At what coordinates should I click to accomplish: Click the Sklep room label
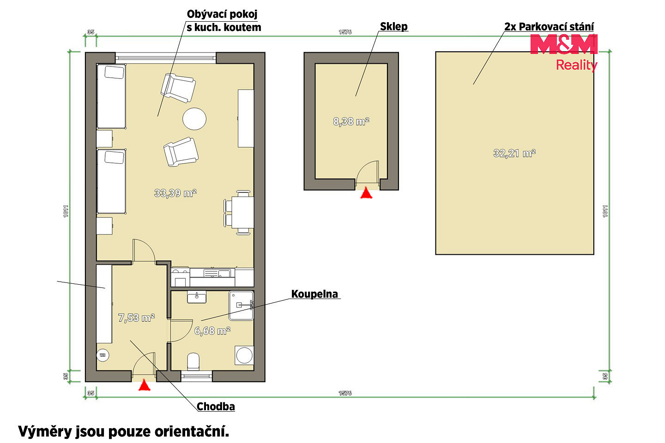393,26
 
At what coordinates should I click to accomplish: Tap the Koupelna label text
314,294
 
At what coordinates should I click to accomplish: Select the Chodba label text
216,406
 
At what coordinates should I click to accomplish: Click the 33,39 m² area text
175,193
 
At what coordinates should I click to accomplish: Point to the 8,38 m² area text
351,121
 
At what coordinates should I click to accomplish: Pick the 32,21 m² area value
514,153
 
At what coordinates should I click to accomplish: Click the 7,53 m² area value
136,318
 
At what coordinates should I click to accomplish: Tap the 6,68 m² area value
212,330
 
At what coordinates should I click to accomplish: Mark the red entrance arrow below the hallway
144,385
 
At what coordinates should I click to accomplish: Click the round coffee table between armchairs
194,119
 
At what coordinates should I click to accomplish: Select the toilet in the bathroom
193,361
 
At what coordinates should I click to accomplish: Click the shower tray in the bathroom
241,305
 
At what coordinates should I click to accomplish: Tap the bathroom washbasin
197,297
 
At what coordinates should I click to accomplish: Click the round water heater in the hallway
103,355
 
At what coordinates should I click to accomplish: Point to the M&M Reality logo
564,53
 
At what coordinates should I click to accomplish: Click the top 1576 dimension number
345,32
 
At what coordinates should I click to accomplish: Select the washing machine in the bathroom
244,355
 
